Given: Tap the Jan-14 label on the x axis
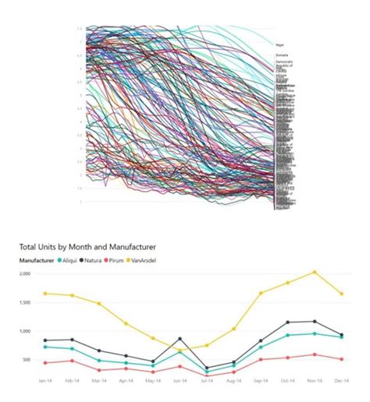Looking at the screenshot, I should (46, 379).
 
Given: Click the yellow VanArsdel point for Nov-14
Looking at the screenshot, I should (315, 272).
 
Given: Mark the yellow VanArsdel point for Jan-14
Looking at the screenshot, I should (46, 293).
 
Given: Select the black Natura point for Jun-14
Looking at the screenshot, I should (180, 339).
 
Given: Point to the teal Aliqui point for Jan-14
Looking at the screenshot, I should (46, 347).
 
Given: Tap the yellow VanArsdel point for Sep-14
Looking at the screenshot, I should (261, 293).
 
